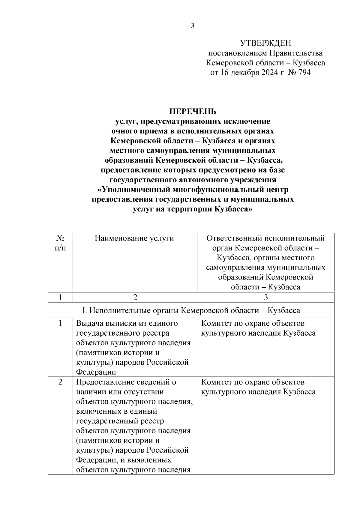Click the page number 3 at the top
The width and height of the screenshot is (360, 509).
(193, 26)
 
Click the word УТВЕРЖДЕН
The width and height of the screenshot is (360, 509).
(265, 43)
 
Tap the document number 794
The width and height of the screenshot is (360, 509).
(304, 73)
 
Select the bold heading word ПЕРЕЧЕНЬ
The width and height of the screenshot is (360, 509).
(193, 112)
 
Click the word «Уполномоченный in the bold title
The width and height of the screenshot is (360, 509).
(134, 190)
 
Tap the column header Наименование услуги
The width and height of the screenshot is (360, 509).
(134, 238)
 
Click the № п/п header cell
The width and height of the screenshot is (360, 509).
(61, 243)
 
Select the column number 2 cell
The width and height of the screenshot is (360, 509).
(135, 297)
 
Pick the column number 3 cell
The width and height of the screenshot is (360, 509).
(266, 297)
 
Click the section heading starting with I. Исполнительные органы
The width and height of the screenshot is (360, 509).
(191, 310)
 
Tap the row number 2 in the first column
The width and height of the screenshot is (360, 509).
(61, 382)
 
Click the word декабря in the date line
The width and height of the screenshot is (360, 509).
(243, 73)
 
